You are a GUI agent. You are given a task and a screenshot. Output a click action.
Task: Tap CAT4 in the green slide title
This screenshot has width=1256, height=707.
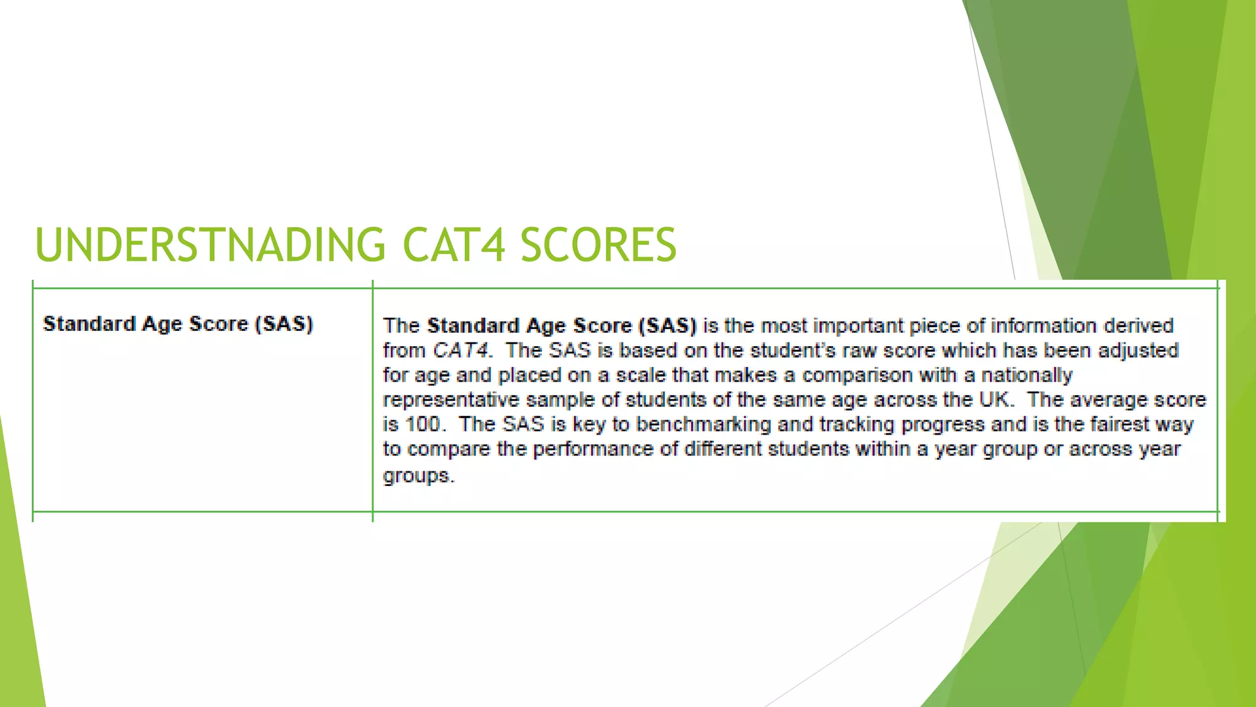coord(454,245)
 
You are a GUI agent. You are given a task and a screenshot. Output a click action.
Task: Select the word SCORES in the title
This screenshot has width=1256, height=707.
coord(598,245)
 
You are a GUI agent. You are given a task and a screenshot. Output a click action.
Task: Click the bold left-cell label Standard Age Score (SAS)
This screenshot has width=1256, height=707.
coord(178,323)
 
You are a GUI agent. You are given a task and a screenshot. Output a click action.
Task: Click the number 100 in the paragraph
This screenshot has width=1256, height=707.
coord(423,424)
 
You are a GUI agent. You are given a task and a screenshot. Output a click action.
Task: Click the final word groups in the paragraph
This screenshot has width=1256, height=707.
coord(417,476)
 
